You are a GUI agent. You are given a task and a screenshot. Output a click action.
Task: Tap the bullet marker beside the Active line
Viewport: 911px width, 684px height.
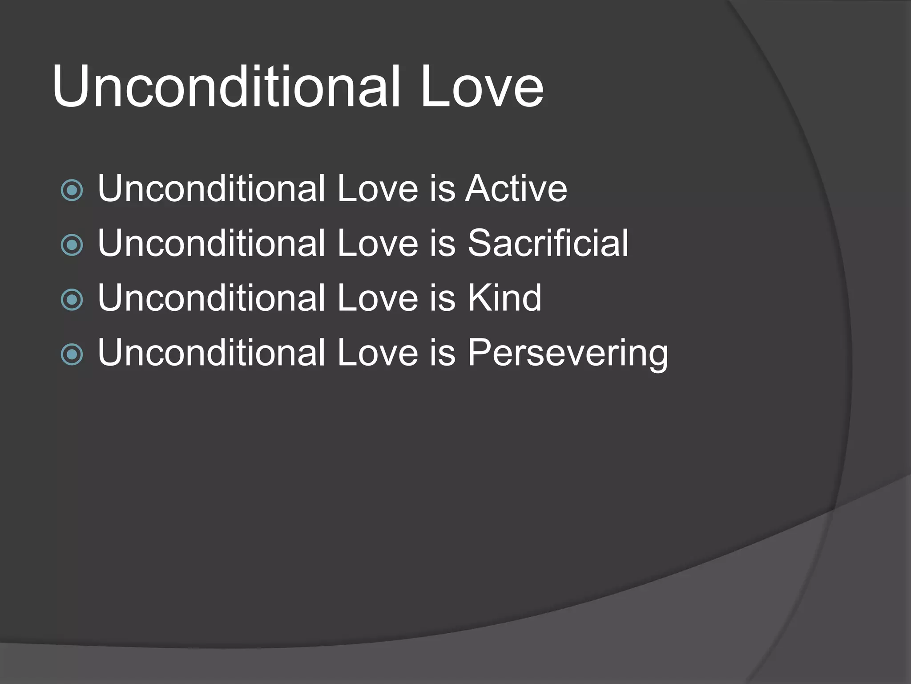(72, 191)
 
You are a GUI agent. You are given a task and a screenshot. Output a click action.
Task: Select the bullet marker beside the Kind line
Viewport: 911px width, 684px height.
(72, 300)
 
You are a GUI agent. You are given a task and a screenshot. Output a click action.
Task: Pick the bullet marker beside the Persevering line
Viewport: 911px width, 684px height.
(72, 354)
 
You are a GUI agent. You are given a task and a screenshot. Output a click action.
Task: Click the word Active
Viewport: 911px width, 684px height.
(516, 189)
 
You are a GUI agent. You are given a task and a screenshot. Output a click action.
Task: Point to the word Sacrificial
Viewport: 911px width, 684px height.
(548, 244)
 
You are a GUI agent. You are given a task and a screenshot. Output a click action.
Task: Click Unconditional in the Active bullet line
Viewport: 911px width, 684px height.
(212, 189)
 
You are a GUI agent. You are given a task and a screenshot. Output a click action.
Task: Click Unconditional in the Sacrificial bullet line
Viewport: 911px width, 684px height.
(212, 244)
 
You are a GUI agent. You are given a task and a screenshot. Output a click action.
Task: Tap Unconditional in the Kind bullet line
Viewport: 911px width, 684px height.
(212, 298)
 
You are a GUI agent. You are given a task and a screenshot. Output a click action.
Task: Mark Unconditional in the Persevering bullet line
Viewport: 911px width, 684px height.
(212, 353)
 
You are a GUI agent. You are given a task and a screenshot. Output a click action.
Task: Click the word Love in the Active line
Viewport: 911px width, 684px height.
(378, 189)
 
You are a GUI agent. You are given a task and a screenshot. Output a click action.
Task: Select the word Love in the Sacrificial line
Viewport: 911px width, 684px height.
(378, 244)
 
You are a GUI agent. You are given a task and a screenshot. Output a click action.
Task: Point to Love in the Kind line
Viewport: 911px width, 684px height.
(378, 298)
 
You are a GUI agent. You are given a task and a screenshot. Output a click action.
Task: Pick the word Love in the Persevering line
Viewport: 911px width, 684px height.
(378, 353)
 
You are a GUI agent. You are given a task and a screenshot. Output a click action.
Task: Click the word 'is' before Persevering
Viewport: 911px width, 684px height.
(442, 353)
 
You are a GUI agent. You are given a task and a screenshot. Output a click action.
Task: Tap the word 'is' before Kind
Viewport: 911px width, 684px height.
(442, 298)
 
